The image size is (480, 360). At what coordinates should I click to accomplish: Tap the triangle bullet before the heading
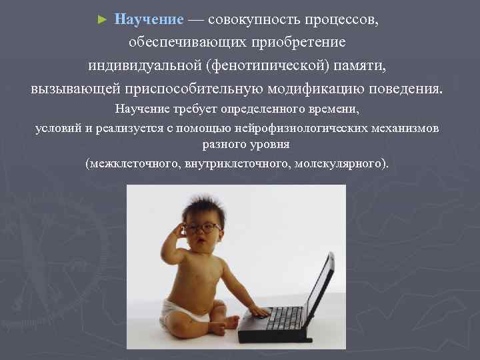click(102, 19)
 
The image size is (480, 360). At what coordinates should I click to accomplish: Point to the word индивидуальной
click(144, 66)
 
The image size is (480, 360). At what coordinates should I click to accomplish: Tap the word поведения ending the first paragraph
click(408, 89)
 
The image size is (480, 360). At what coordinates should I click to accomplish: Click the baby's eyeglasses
click(203, 228)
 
